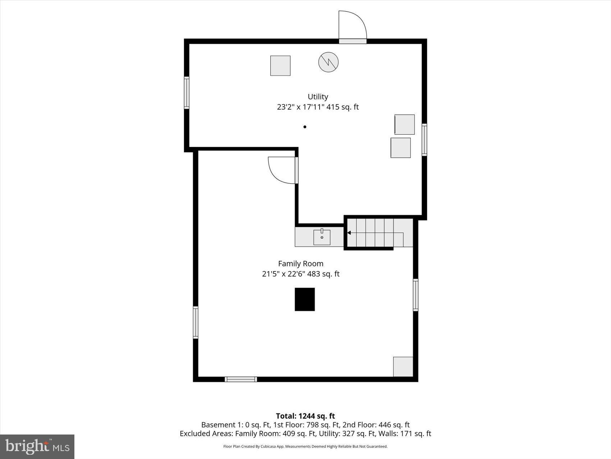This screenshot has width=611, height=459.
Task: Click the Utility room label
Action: pyautogui.click(x=318, y=96)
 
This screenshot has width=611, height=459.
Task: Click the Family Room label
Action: pyautogui.click(x=300, y=264)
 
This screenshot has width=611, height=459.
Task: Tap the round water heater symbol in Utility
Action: pyautogui.click(x=328, y=62)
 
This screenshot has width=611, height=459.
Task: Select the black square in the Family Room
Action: pyautogui.click(x=305, y=299)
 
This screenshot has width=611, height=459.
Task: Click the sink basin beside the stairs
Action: pyautogui.click(x=322, y=238)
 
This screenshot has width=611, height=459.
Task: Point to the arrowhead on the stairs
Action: pyautogui.click(x=349, y=233)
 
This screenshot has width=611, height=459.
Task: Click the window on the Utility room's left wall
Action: pyautogui.click(x=187, y=93)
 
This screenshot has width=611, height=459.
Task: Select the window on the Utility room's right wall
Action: pyautogui.click(x=424, y=140)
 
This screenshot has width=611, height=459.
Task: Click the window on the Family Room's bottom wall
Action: pyautogui.click(x=241, y=379)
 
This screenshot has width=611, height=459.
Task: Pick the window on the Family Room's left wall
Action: pyautogui.click(x=196, y=322)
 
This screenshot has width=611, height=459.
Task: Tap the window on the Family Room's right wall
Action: pyautogui.click(x=415, y=295)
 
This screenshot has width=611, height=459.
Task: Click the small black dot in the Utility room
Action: pyautogui.click(x=305, y=127)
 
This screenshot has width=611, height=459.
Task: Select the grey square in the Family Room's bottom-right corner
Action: pyautogui.click(x=403, y=366)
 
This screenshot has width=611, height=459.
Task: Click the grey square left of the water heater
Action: pyautogui.click(x=280, y=66)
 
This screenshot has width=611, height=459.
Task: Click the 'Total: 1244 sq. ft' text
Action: pyautogui.click(x=305, y=416)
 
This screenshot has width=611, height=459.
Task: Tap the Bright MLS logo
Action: pyautogui.click(x=37, y=446)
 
